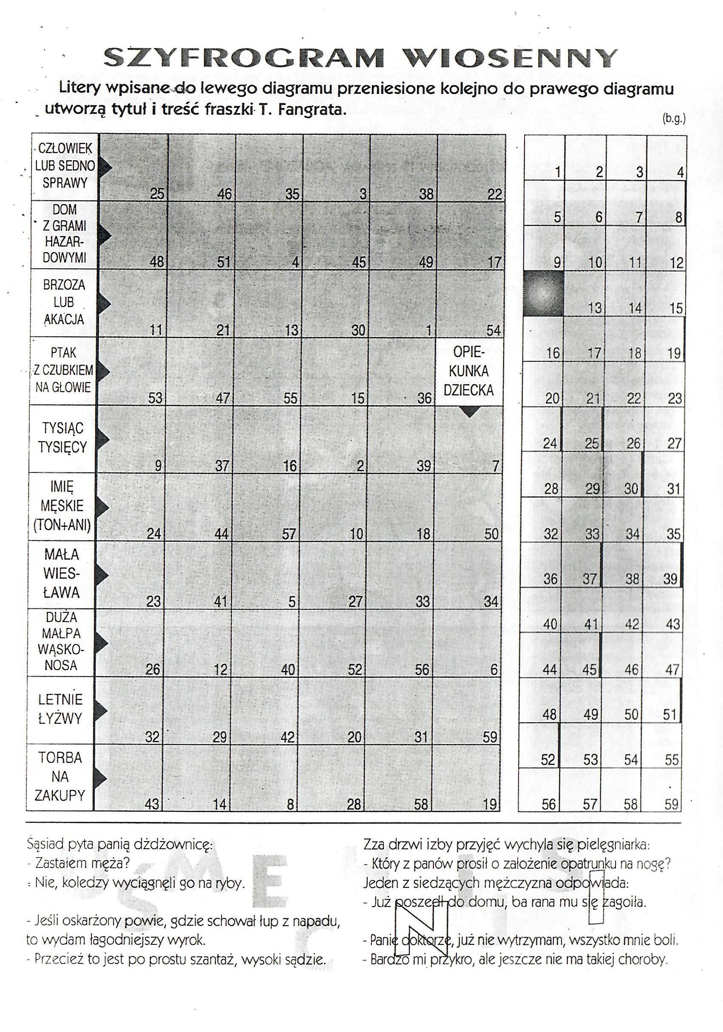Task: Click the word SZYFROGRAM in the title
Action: (x=244, y=57)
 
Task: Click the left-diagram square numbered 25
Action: (x=133, y=167)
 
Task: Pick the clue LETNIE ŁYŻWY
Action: (x=61, y=709)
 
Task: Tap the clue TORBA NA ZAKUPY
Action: (x=60, y=777)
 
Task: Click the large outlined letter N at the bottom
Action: (x=421, y=930)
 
